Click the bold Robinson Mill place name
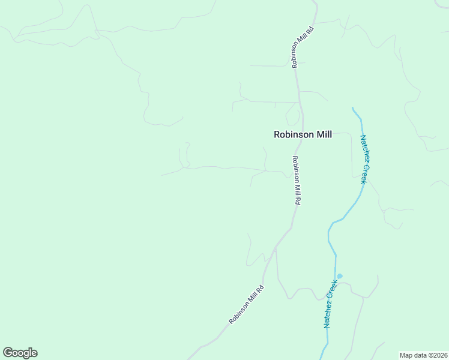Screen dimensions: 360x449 click(303, 135)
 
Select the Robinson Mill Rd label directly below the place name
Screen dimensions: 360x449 click(296, 181)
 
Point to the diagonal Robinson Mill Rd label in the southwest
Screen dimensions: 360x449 click(246, 305)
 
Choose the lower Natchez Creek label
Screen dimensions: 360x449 click(330, 304)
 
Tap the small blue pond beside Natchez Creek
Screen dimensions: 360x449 click(340, 276)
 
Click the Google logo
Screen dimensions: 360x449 click(20, 353)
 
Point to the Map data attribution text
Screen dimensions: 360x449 click(424, 355)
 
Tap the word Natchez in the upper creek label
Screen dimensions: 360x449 click(364, 149)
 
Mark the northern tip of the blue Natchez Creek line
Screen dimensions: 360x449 click(353, 109)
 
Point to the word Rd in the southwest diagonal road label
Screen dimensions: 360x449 click(261, 289)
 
